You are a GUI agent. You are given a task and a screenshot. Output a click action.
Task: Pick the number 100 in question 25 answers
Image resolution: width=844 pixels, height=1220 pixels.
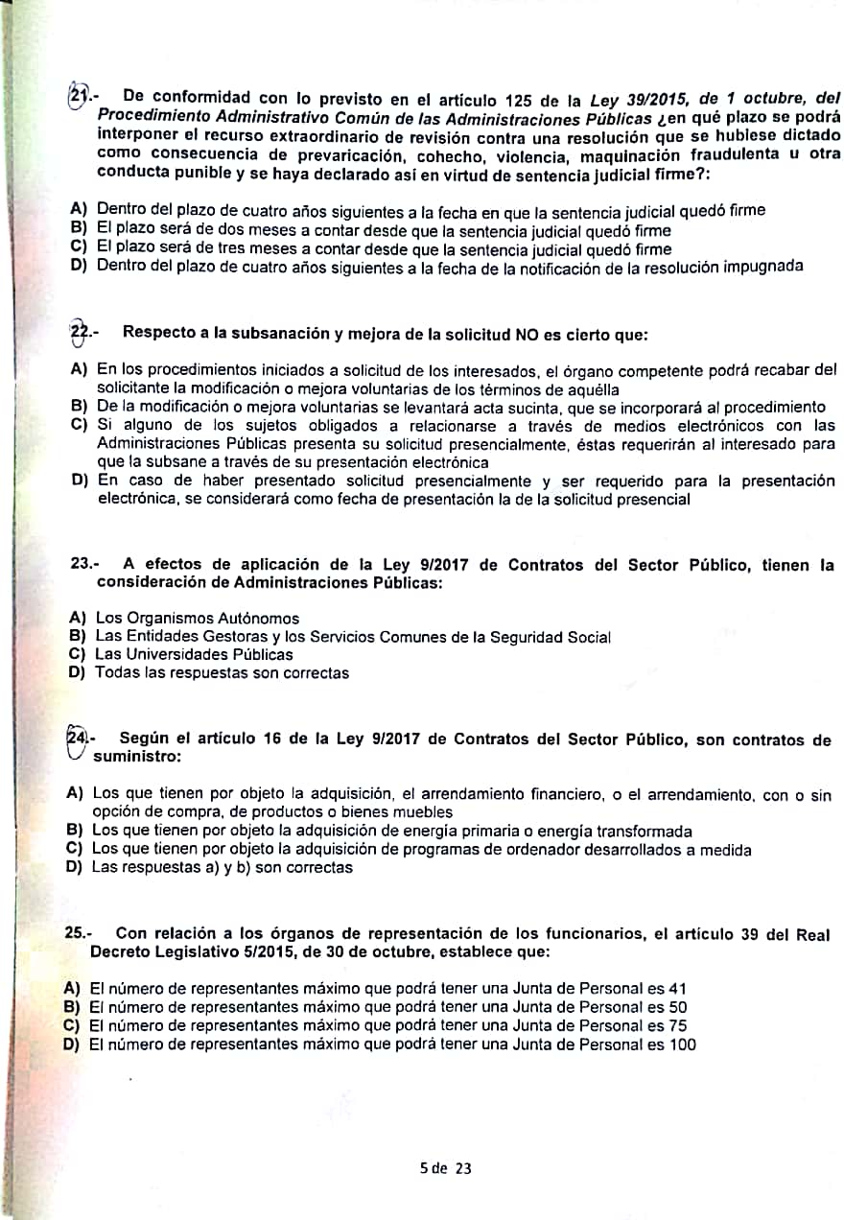pos(682,1044)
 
